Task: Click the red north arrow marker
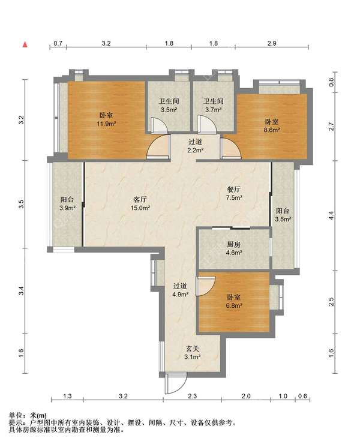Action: coord(25,44)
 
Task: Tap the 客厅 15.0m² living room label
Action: coord(140,203)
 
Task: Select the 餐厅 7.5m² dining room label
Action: coord(234,193)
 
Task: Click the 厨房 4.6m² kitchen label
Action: coord(234,248)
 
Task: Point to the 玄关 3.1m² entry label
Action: coord(193,353)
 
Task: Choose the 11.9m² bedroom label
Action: coord(106,119)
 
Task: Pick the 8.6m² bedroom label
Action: coord(272,126)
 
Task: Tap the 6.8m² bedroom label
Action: coord(234,301)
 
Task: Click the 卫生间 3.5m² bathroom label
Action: coord(169,105)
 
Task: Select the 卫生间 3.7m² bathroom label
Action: coord(214,105)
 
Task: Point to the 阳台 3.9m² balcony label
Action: coord(67,203)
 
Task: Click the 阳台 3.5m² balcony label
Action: coord(283,215)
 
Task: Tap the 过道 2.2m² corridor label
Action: coord(195,146)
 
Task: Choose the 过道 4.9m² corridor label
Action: coord(180,290)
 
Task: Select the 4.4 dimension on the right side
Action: coord(331,215)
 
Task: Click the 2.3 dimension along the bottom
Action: coord(193,396)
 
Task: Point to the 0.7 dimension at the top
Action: coord(58,43)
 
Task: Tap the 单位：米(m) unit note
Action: coord(28,415)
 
